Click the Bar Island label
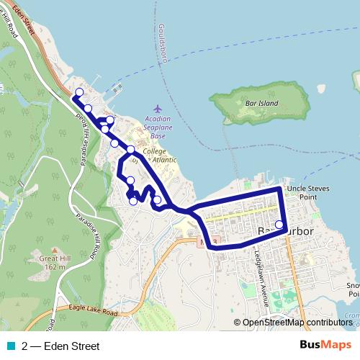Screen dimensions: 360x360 (261, 104)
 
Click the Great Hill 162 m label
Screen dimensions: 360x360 (54, 261)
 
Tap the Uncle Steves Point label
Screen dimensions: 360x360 (307, 192)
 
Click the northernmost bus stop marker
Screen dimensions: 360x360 (79, 92)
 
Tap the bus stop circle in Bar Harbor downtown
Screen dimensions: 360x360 (279, 224)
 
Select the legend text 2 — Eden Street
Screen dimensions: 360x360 (60, 346)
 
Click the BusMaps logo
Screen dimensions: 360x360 (325, 346)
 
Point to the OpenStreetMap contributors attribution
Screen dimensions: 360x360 (297, 323)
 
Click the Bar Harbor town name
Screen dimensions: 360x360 (284, 230)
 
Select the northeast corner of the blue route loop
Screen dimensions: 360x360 (281, 189)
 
